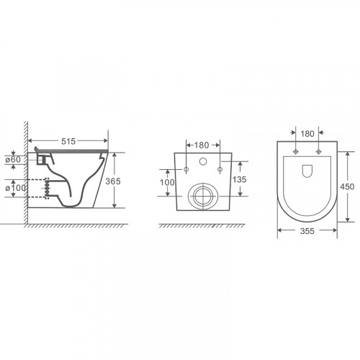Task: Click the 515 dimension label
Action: coord(68,141)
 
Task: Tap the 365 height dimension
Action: coord(113,181)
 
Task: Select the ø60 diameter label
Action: coord(13,160)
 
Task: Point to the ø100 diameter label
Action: coord(16,188)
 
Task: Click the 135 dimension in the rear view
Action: coord(240,179)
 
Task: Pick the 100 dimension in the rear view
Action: coord(167,182)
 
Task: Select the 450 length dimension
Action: coord(347,186)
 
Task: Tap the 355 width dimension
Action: coord(307,231)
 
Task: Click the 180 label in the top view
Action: coord(307,134)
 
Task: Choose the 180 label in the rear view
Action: coord(202,145)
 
